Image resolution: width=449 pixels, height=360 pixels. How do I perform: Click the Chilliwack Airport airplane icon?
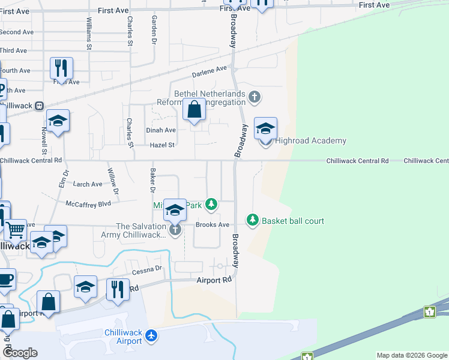click(151, 337)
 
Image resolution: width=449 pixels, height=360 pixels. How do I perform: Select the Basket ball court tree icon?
click(253, 221)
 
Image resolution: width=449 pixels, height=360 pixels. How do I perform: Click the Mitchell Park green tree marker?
click(211, 205)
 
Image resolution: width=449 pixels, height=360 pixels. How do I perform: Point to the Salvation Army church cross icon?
click(175, 230)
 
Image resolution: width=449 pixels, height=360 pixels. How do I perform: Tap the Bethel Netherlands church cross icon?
click(255, 97)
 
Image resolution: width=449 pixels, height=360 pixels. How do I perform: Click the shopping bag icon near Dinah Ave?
click(194, 110)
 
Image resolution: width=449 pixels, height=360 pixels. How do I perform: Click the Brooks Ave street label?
click(213, 225)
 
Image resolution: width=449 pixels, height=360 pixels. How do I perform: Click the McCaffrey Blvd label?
click(88, 204)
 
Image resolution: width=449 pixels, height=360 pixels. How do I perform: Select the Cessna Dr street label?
click(147, 269)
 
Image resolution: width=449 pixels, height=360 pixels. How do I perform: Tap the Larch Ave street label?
click(88, 184)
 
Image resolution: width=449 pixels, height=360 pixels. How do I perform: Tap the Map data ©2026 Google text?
click(411, 355)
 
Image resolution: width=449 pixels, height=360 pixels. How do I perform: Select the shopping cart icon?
click(16, 230)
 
